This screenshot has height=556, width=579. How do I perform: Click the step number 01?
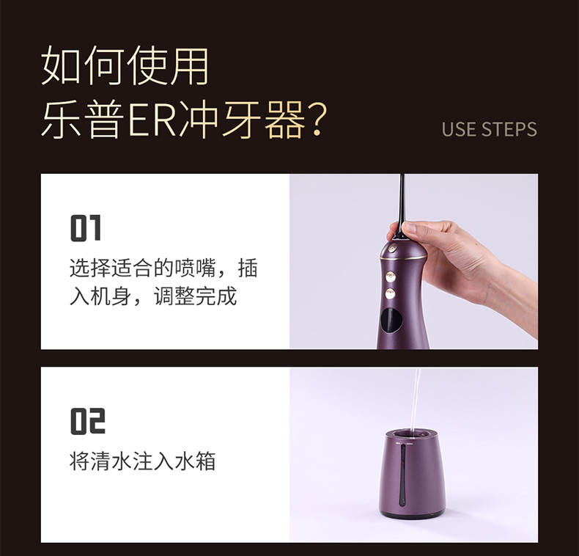(85, 227)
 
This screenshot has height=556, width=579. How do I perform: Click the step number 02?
(88, 421)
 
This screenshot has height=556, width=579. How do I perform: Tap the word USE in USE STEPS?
(459, 129)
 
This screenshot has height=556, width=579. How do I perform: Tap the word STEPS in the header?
(509, 129)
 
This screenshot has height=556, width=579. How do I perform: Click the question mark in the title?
(318, 120)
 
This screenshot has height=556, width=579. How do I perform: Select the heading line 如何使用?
(125, 65)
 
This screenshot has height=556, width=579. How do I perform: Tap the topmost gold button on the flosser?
(393, 248)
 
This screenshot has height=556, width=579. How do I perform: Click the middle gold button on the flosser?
(391, 276)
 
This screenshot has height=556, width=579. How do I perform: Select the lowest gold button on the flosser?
(391, 294)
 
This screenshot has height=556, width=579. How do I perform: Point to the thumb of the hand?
(414, 227)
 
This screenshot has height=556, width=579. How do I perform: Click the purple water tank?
(412, 474)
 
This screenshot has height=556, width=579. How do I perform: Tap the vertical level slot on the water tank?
(403, 475)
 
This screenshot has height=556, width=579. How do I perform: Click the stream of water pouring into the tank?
(415, 400)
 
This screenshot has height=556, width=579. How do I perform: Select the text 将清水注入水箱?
(142, 461)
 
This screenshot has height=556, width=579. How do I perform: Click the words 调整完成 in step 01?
(196, 296)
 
